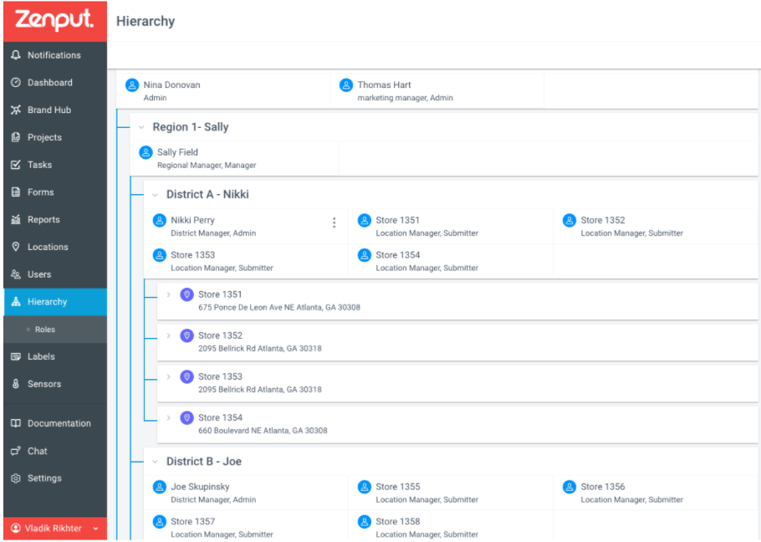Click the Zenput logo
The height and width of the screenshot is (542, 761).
[54, 20]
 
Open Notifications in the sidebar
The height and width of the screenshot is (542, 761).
[54, 55]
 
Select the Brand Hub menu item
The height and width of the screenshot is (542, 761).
[49, 110]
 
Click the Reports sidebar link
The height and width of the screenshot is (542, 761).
[43, 220]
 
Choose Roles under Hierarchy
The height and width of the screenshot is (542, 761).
[44, 330]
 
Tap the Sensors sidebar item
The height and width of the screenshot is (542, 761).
[44, 384]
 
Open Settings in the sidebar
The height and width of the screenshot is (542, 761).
[44, 478]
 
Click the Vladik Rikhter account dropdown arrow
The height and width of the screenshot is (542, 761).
[95, 529]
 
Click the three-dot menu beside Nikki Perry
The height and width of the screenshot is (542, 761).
[334, 222]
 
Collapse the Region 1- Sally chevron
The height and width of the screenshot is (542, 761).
[141, 128]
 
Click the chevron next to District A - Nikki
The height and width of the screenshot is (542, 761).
[155, 195]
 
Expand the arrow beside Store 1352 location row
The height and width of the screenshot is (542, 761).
[168, 335]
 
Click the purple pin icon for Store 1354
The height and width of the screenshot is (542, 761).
[186, 417]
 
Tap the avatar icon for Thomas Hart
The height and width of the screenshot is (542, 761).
[346, 85]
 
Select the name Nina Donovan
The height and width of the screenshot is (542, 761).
[171, 85]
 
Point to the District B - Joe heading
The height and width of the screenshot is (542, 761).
[204, 462]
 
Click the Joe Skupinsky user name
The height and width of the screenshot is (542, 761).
[200, 487]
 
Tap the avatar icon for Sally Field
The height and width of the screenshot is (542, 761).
[146, 153]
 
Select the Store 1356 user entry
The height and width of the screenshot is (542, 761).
[623, 493]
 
